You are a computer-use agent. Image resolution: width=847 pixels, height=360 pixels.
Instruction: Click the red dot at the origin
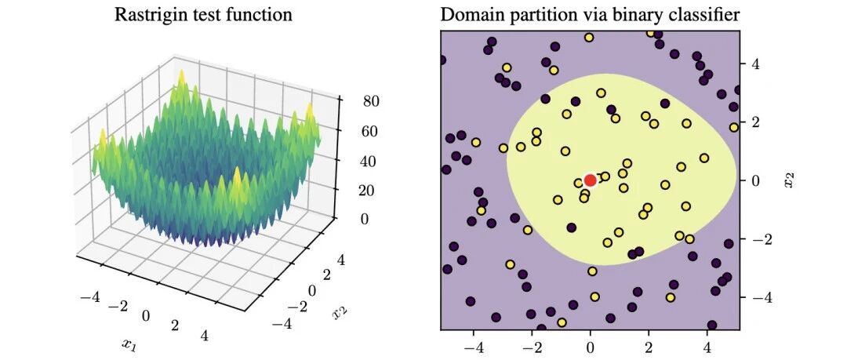590,180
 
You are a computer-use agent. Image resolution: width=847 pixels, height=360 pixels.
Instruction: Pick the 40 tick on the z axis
353,161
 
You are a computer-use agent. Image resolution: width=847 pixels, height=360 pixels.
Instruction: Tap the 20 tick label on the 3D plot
353,191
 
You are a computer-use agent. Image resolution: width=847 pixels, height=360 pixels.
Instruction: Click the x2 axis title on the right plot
791,180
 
